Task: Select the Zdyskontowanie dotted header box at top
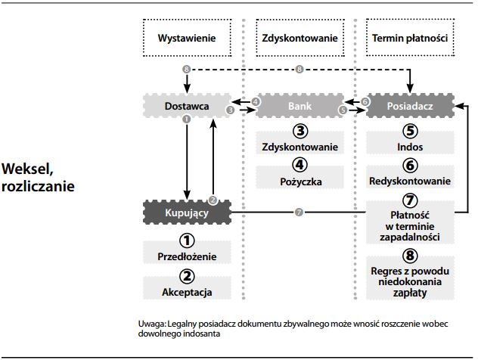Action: click(x=298, y=38)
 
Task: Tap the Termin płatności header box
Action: click(x=410, y=38)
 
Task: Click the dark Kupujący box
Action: click(x=187, y=214)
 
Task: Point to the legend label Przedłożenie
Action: click(x=188, y=256)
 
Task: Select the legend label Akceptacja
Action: click(x=188, y=291)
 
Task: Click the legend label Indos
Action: click(x=410, y=147)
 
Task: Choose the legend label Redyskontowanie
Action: click(x=410, y=182)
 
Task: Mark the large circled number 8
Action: click(x=410, y=256)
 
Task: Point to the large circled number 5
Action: click(x=410, y=131)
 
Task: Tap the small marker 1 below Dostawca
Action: click(x=185, y=120)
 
